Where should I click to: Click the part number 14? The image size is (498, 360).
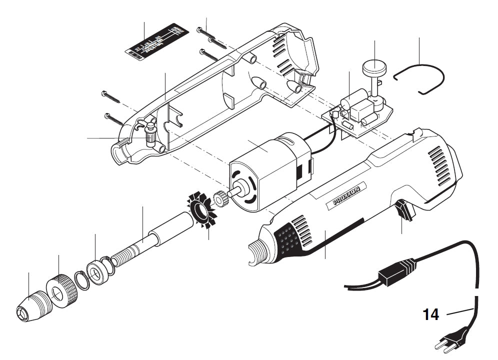click(430, 314)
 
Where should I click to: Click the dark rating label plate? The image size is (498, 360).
click(156, 41)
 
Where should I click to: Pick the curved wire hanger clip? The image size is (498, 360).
click(419, 78)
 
